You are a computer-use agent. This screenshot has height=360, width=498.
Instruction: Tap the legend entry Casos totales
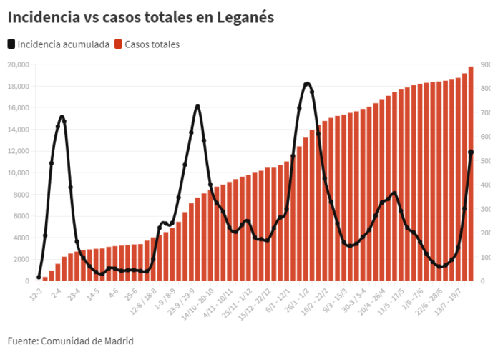click(151, 44)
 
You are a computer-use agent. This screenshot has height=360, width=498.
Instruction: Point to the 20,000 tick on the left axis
click(17, 64)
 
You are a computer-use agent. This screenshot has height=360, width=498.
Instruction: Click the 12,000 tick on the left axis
click(17, 151)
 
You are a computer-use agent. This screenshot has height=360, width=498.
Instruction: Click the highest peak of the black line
click(307, 84)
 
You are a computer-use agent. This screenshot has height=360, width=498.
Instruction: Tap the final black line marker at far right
click(471, 152)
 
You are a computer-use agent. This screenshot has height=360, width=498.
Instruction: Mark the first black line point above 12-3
click(39, 277)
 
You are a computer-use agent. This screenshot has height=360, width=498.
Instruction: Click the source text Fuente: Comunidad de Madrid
click(70, 341)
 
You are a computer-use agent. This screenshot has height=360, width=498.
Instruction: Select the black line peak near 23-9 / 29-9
click(197, 107)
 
